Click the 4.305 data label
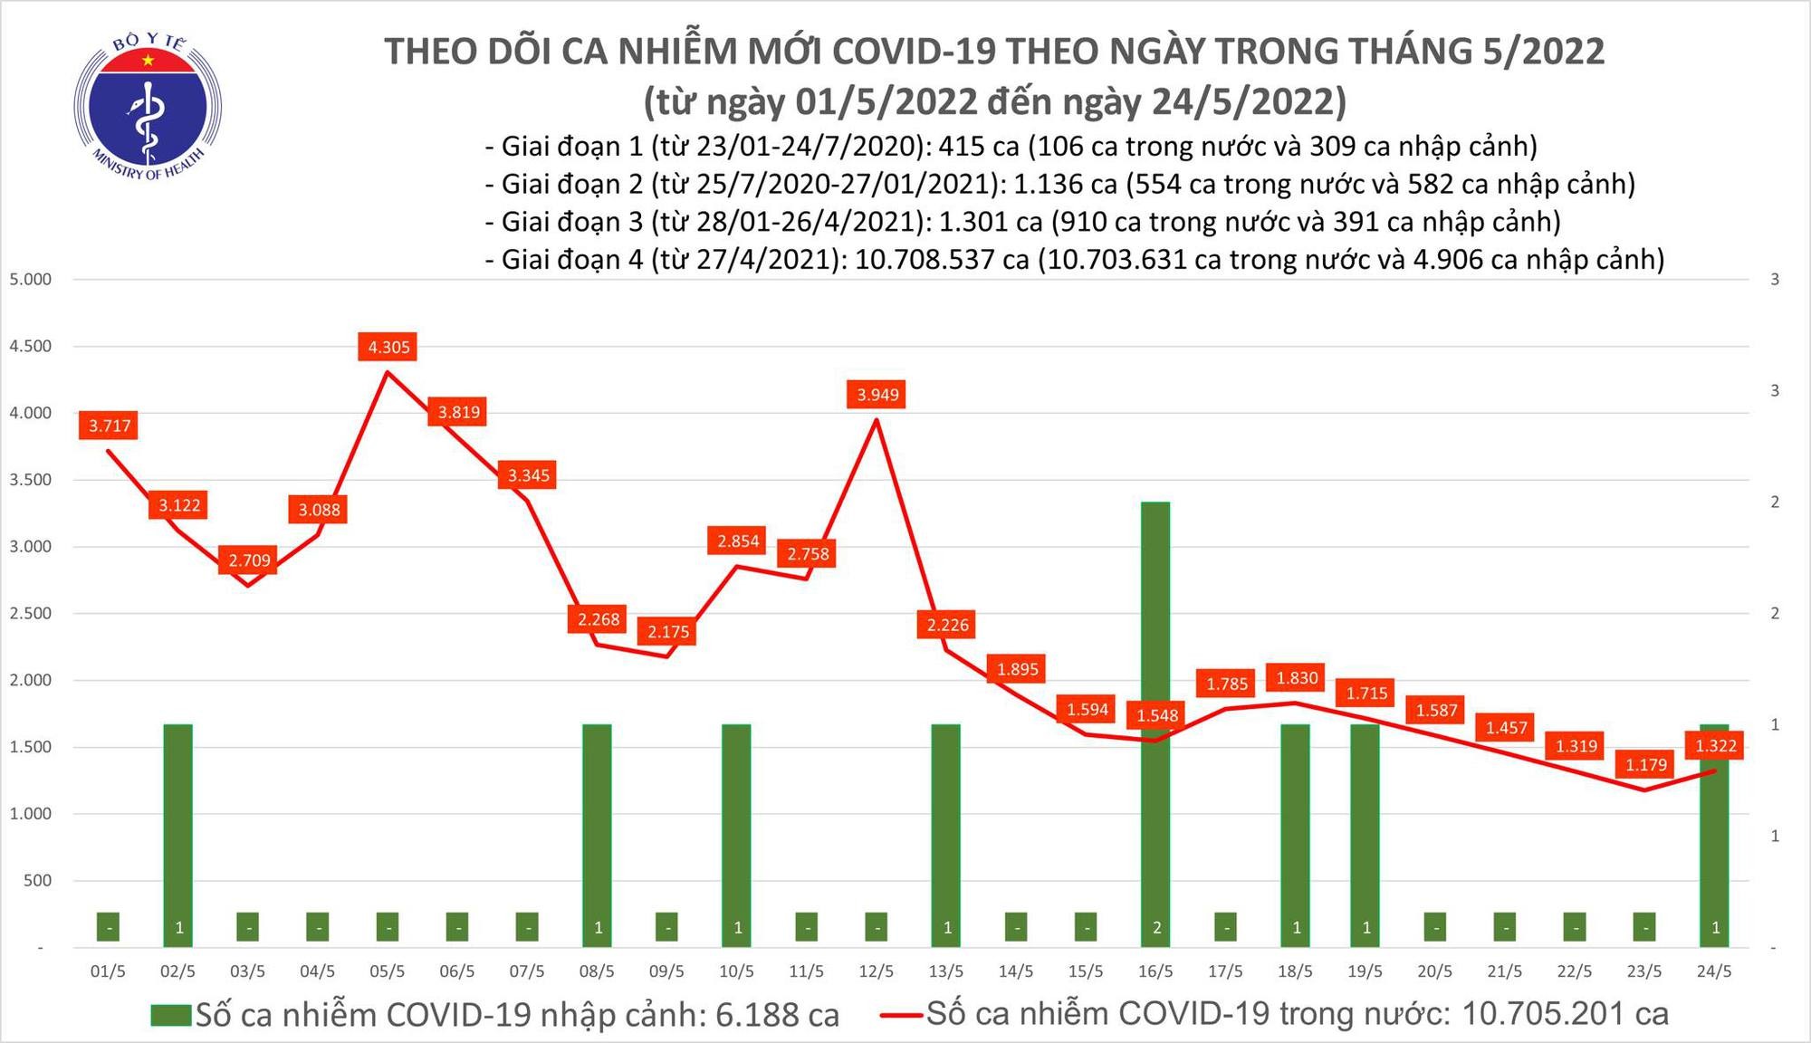point(388,347)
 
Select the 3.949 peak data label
point(877,395)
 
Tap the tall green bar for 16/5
point(1155,724)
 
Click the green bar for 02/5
point(178,833)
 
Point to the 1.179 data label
point(1645,765)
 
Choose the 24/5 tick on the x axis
point(1713,971)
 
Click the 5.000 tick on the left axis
point(30,279)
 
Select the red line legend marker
point(902,1015)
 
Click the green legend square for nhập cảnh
point(171,1015)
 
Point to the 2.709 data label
point(249,560)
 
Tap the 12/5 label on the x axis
point(876,971)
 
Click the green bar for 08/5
point(597,833)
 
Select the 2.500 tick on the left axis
point(30,613)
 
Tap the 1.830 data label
point(1297,678)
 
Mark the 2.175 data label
point(668,632)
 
